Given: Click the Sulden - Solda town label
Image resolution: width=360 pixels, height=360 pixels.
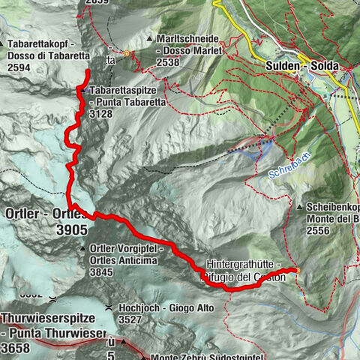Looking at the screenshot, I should pyautogui.click(x=301, y=66).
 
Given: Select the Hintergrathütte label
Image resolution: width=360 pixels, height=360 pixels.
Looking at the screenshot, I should pyautogui.click(x=243, y=265).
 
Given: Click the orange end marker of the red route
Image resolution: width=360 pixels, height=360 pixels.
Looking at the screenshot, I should pyautogui.click(x=297, y=271).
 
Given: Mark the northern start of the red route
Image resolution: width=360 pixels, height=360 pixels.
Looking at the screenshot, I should pyautogui.click(x=88, y=72).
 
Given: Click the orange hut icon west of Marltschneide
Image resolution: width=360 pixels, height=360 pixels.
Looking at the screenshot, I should pyautogui.click(x=127, y=53).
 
